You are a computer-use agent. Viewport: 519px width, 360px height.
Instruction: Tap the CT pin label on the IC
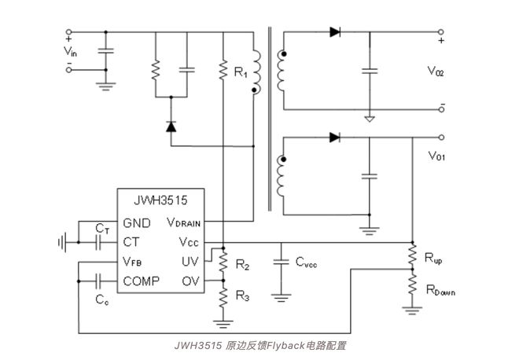point(131,241)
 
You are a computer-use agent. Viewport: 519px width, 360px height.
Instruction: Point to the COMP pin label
point(142,281)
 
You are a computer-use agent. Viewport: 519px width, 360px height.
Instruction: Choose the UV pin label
point(191,262)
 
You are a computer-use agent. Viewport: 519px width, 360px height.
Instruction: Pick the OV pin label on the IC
point(191,281)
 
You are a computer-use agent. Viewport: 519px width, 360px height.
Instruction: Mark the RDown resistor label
point(440,291)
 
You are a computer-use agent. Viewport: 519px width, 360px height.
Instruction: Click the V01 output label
point(436,156)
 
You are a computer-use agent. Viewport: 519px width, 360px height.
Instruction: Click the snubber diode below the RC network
point(171,126)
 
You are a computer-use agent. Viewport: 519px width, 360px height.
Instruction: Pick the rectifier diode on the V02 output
point(335,32)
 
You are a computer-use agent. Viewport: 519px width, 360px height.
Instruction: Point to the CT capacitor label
point(102,227)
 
